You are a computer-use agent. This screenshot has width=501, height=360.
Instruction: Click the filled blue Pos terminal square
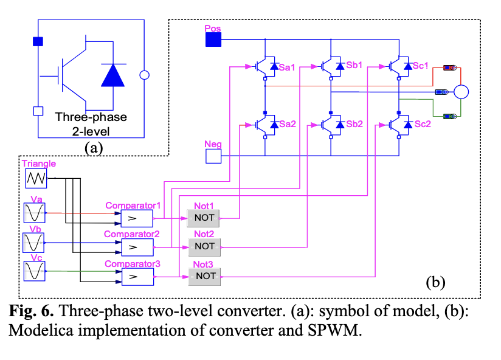point(213,40)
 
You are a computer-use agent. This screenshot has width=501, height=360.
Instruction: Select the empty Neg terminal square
point(213,156)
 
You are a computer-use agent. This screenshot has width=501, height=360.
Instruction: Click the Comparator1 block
point(137,218)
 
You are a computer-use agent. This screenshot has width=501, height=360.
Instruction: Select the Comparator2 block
point(137,246)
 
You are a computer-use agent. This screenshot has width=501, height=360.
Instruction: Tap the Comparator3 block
point(137,276)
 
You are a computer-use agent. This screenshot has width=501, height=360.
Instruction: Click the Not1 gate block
point(204,218)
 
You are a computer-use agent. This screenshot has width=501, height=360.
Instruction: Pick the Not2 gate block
point(204,246)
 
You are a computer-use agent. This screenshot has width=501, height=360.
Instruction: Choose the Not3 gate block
point(204,276)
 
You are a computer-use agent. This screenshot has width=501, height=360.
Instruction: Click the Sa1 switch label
point(286,67)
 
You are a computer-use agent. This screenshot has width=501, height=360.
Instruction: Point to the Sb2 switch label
point(354,124)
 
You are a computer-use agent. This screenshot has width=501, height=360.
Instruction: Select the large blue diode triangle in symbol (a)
point(113,75)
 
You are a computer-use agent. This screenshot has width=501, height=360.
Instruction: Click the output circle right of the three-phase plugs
point(461,92)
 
